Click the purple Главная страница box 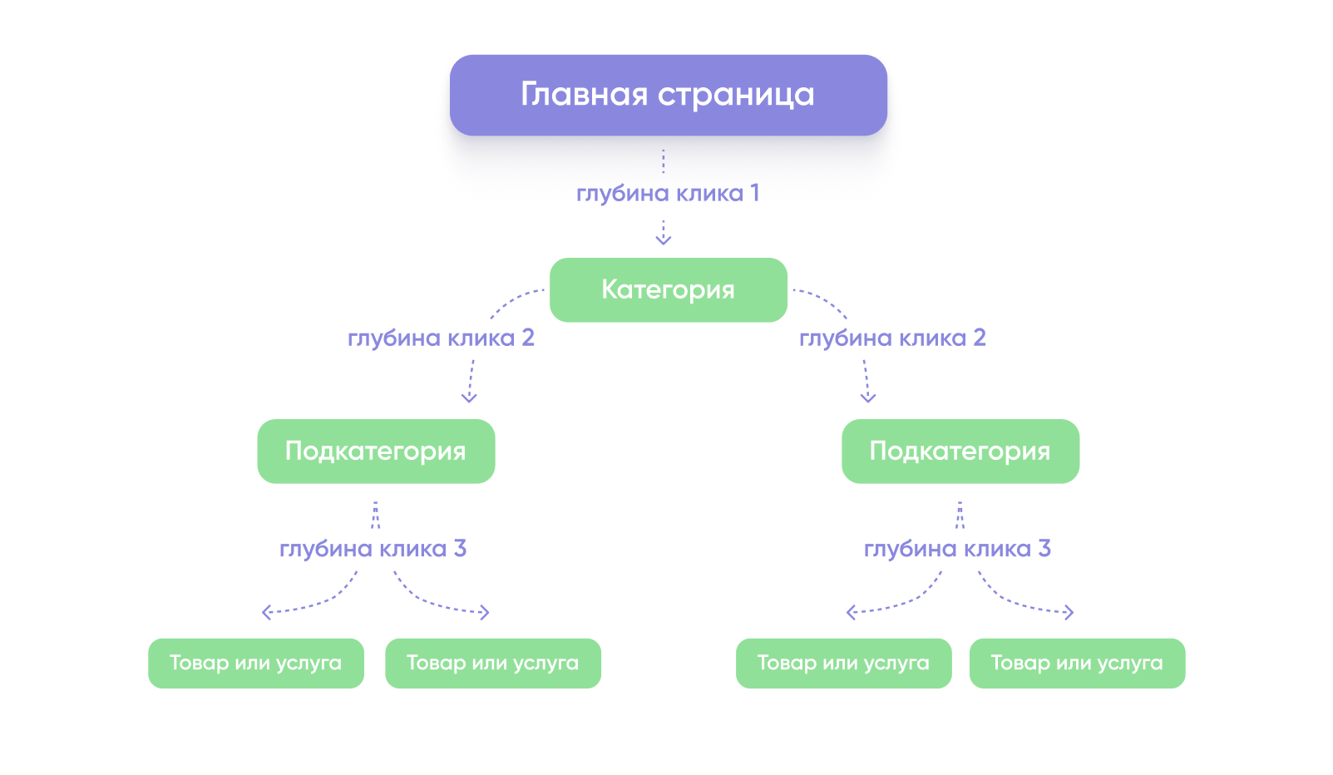(x=668, y=95)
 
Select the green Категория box (x=668, y=289)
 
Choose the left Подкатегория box (x=376, y=451)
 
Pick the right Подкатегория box (x=960, y=451)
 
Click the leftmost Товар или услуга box (x=256, y=663)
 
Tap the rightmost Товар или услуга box (x=1077, y=663)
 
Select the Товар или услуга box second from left (x=492, y=663)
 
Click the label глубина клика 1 (x=668, y=193)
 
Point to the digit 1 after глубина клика (x=755, y=193)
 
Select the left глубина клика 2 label (x=441, y=338)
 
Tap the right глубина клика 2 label (x=892, y=338)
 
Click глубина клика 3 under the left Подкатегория (x=373, y=549)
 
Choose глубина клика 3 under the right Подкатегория (x=957, y=549)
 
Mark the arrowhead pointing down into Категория (x=663, y=239)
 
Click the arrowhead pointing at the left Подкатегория (x=469, y=397)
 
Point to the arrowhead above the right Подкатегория (x=868, y=397)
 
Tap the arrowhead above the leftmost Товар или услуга (x=267, y=613)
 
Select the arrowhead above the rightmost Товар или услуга (x=1069, y=613)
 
